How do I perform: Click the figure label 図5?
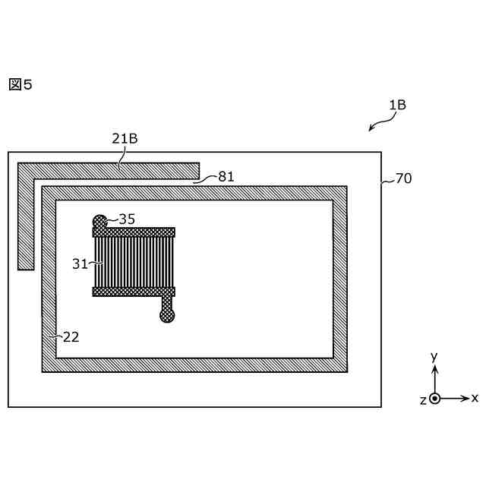[x=21, y=84]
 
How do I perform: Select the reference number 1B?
[x=397, y=106]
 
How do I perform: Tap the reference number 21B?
[x=125, y=138]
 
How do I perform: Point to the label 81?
[x=226, y=177]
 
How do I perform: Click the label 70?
[x=403, y=179]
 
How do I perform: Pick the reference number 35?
[x=127, y=219]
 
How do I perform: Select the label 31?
[x=80, y=264]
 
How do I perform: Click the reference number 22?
[x=71, y=336]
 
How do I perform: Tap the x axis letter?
[x=475, y=397]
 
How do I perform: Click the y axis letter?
[x=434, y=356]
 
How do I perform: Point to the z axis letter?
[x=423, y=400]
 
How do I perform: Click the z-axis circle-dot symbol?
[x=434, y=398]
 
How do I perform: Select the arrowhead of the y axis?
[x=434, y=369]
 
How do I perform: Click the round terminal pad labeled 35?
[x=99, y=222]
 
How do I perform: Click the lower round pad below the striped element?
[x=167, y=314]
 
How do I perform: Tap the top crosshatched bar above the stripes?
[x=134, y=232]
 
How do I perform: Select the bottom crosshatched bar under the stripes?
[x=134, y=291]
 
